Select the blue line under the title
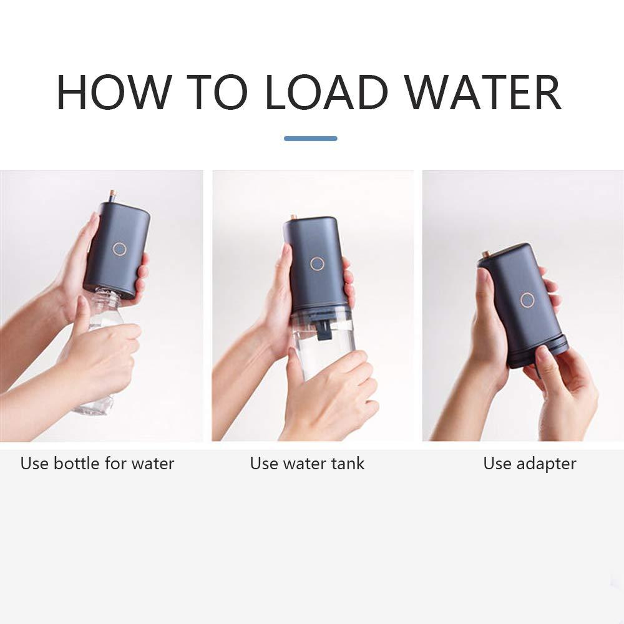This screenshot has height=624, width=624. pyautogui.click(x=310, y=139)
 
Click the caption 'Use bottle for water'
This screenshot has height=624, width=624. pyautogui.click(x=97, y=464)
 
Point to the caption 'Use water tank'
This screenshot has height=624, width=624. pyautogui.click(x=307, y=464)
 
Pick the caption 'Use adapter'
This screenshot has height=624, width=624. pyautogui.click(x=529, y=464)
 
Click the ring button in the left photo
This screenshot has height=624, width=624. pyautogui.click(x=120, y=249)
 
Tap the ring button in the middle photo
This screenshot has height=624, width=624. pyautogui.click(x=317, y=263)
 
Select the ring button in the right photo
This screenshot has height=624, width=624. pyautogui.click(x=527, y=300)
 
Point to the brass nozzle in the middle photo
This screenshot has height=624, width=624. pyautogui.click(x=293, y=217)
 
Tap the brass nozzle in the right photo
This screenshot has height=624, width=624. pyautogui.click(x=485, y=254)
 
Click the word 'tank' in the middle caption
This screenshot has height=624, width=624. pyautogui.click(x=347, y=464)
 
